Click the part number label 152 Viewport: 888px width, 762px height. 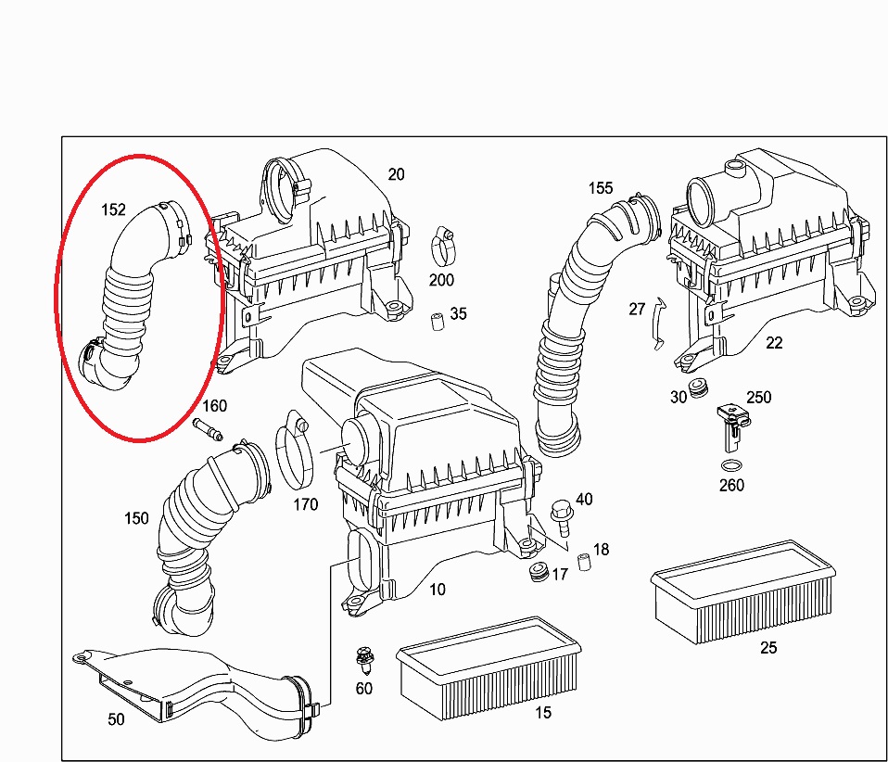pyautogui.click(x=113, y=210)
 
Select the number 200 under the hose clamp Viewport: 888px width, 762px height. pyautogui.click(x=441, y=280)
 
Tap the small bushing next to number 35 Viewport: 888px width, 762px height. pyautogui.click(x=433, y=323)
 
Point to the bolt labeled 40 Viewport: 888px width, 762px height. pyautogui.click(x=561, y=513)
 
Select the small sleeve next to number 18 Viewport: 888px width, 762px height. pyautogui.click(x=583, y=562)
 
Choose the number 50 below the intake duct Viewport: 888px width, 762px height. pyautogui.click(x=116, y=718)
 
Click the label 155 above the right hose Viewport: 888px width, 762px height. pyautogui.click(x=601, y=188)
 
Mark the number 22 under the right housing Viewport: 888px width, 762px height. pyautogui.click(x=774, y=342)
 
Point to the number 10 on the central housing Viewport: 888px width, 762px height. pyautogui.click(x=437, y=589)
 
